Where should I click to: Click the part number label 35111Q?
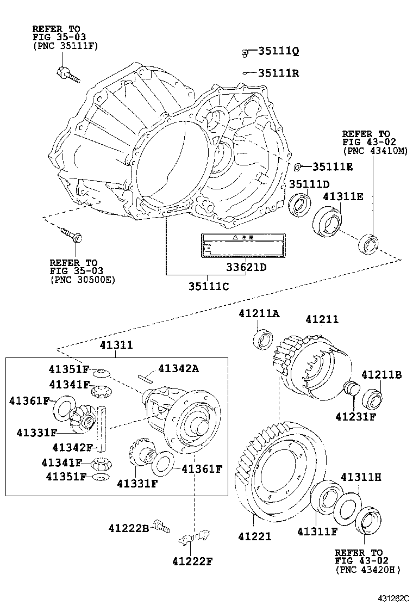click(x=278, y=52)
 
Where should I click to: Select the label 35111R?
click(x=278, y=73)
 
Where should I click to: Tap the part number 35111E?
click(x=332, y=166)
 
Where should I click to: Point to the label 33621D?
click(x=247, y=267)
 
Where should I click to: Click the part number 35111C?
click(x=209, y=286)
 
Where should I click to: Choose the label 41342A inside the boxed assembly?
click(x=178, y=369)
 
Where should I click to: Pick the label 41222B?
click(x=128, y=527)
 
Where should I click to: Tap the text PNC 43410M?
click(x=374, y=151)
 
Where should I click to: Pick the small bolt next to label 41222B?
click(x=161, y=526)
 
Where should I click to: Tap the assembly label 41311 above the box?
click(x=116, y=345)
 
